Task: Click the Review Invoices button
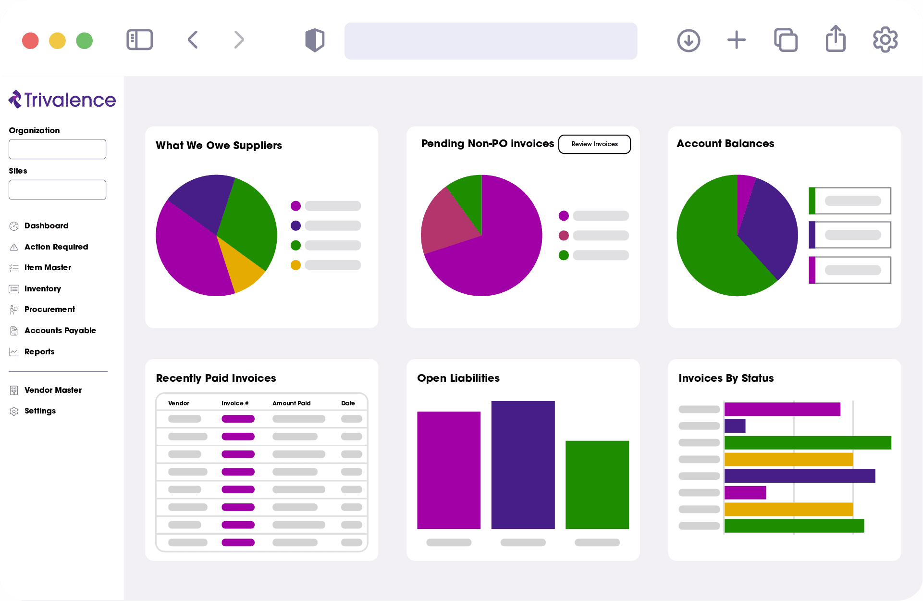pos(594,144)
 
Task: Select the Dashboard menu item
pos(46,226)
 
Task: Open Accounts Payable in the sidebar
pos(60,331)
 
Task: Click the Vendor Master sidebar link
pos(53,390)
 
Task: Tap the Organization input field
pos(57,150)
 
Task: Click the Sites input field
pos(57,190)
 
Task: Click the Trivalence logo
pos(62,100)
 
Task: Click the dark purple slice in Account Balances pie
pos(769,226)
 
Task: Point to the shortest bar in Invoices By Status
pos(735,426)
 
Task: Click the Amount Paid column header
pos(291,403)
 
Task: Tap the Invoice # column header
pos(234,403)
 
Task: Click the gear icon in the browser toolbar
pos(885,40)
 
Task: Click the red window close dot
pos(30,41)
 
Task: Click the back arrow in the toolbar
pos(193,40)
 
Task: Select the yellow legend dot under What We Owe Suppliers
pos(295,265)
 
